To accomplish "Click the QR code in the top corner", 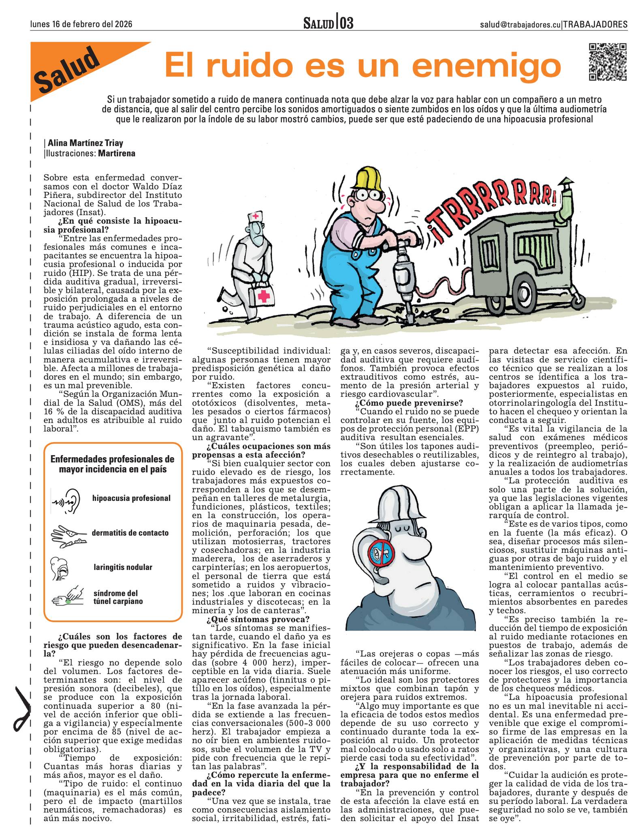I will [608, 62].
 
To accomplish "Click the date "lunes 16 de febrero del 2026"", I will [81, 25].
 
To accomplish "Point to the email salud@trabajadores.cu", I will [520, 25].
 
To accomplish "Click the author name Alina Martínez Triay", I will [85, 143].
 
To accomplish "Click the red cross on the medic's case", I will [263, 296].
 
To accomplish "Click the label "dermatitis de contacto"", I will [130, 533].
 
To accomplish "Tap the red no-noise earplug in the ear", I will [379, 552].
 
